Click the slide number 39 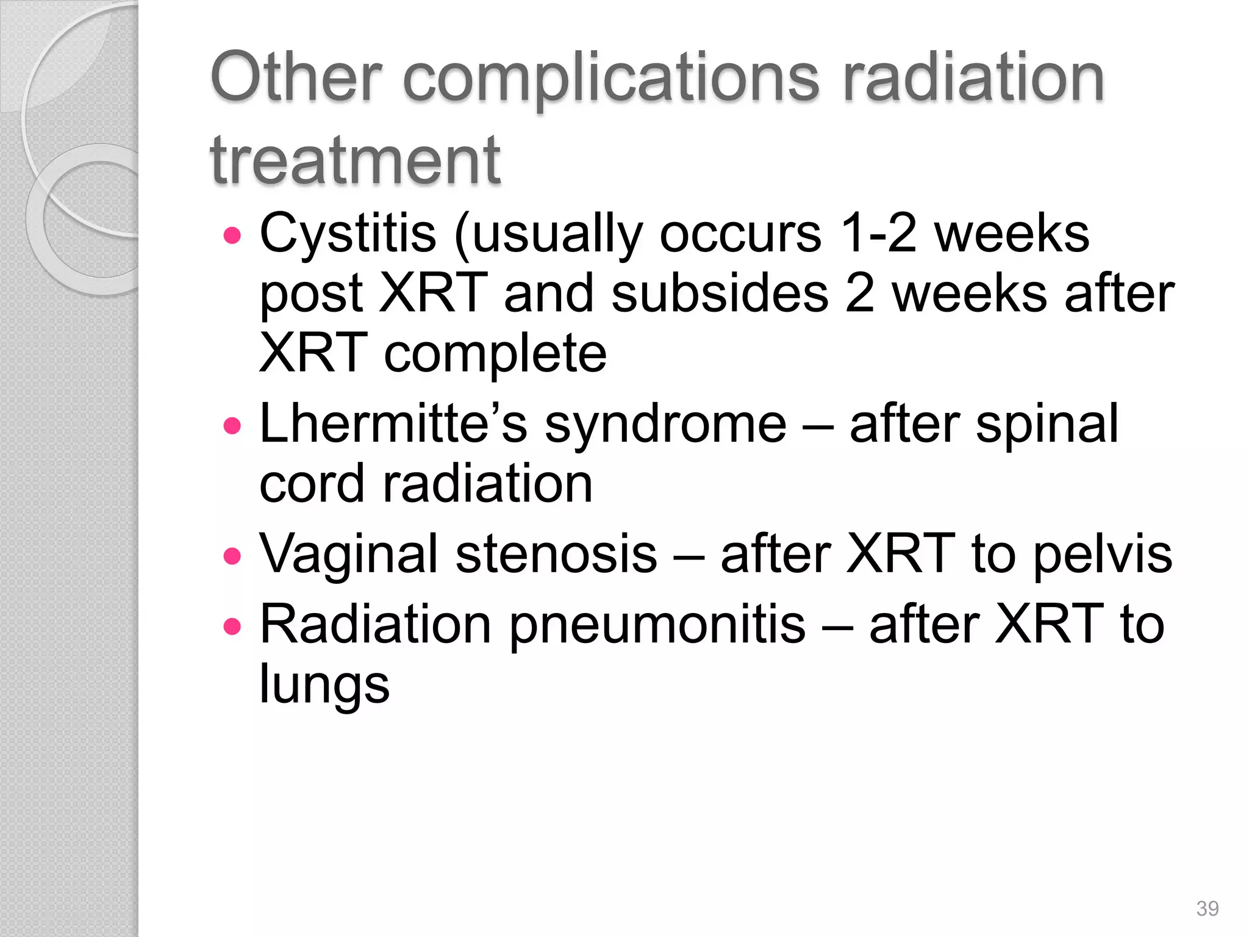[1207, 908]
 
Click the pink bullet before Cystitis [232, 235]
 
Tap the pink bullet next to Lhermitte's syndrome [232, 425]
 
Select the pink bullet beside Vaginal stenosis [232, 556]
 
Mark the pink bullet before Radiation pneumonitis [232, 626]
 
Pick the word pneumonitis [657, 625]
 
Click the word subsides [720, 294]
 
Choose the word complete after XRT [495, 354]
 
